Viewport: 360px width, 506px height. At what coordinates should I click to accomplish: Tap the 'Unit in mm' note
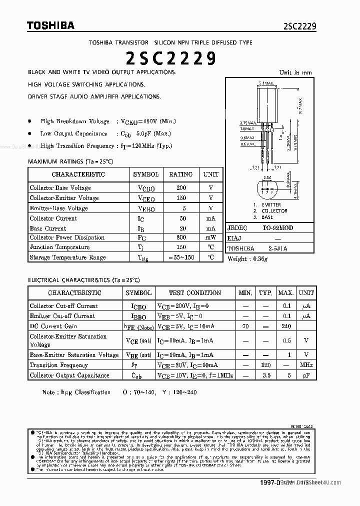tap(295, 72)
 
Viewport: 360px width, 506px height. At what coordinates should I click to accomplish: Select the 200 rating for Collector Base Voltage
tap(181, 188)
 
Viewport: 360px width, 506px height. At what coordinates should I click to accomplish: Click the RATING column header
tap(181, 174)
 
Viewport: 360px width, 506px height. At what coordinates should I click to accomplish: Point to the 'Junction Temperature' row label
tap(59, 247)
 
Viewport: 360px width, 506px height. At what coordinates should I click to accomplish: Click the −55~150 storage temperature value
tap(181, 257)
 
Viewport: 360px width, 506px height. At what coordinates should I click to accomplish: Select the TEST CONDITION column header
tap(194, 293)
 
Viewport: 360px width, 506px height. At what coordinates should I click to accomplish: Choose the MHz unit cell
tap(306, 365)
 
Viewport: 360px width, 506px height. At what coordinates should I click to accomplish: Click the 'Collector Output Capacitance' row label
tap(69, 375)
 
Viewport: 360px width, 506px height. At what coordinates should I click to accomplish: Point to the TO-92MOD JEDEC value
tap(278, 228)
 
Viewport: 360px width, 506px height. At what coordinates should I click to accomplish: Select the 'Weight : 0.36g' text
tap(248, 259)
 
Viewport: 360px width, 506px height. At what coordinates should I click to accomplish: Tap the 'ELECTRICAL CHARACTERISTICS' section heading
tap(83, 280)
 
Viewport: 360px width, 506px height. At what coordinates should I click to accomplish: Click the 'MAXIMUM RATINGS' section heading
tap(70, 161)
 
